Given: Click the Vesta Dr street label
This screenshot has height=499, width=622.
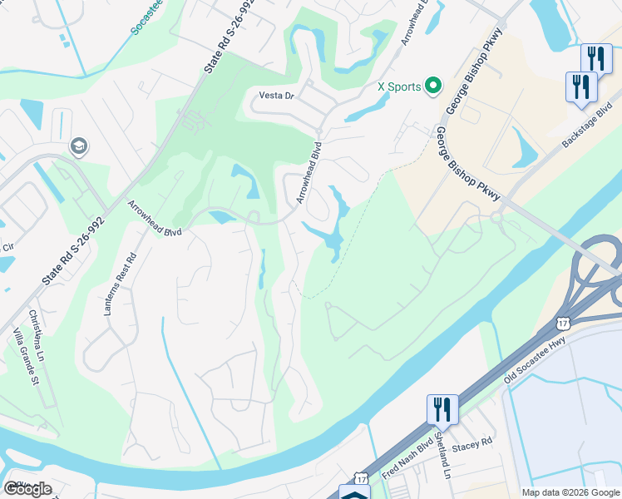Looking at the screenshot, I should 278,96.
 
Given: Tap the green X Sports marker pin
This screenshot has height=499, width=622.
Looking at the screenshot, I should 432,86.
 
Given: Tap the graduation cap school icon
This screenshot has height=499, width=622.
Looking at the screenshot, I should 80,146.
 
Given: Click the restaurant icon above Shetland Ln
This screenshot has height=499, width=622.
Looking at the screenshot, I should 442,409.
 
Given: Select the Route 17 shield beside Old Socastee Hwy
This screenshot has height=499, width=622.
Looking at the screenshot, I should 563,322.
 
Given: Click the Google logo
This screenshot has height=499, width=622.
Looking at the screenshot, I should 27,488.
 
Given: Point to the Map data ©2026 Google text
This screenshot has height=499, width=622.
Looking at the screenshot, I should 570,492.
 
